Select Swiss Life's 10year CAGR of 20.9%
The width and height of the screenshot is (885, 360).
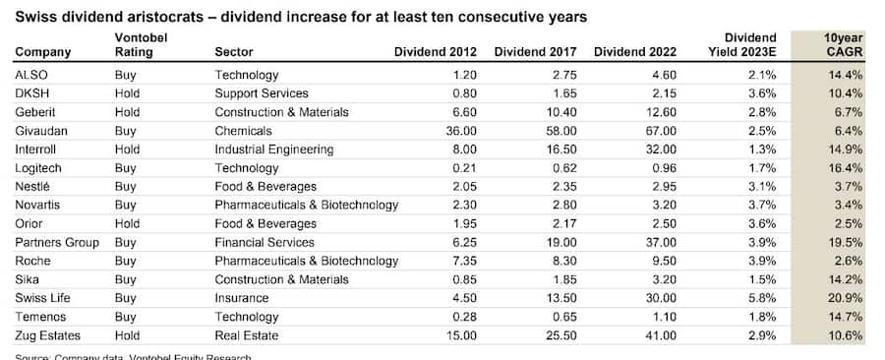point(846,298)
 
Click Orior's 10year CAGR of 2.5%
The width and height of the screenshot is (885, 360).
point(849,223)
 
